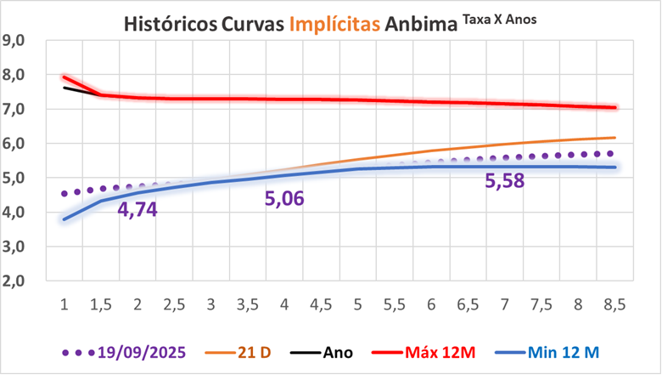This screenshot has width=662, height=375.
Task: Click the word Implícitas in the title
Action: point(334,23)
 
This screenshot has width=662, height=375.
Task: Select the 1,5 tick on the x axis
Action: point(100,304)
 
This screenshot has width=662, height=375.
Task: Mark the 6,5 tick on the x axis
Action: point(468,304)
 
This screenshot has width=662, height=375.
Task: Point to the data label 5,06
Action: point(284,199)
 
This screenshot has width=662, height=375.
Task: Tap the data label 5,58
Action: point(505,180)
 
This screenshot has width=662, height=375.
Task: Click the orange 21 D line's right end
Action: point(614,138)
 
